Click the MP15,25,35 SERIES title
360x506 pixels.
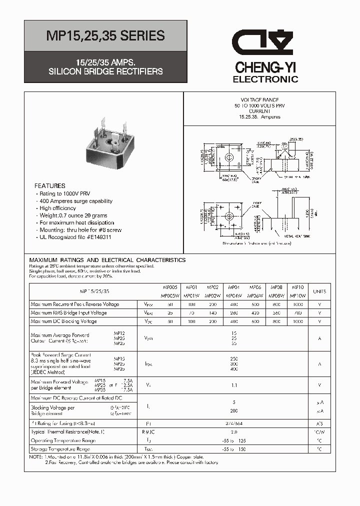pyautogui.click(x=105, y=35)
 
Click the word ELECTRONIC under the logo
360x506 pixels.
pyautogui.click(x=265, y=79)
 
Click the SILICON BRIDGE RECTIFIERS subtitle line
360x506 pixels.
pyautogui.click(x=105, y=71)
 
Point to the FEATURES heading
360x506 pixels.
pyautogui.click(x=50, y=186)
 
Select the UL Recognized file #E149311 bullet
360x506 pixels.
pyautogui.click(x=75, y=237)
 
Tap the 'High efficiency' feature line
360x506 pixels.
pyautogui.click(x=59, y=208)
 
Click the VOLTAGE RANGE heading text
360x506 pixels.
pyautogui.click(x=257, y=100)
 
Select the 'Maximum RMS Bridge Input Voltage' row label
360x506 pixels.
pyautogui.click(x=68, y=313)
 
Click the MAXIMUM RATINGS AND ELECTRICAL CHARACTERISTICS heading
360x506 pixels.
pyautogui.click(x=107, y=260)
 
